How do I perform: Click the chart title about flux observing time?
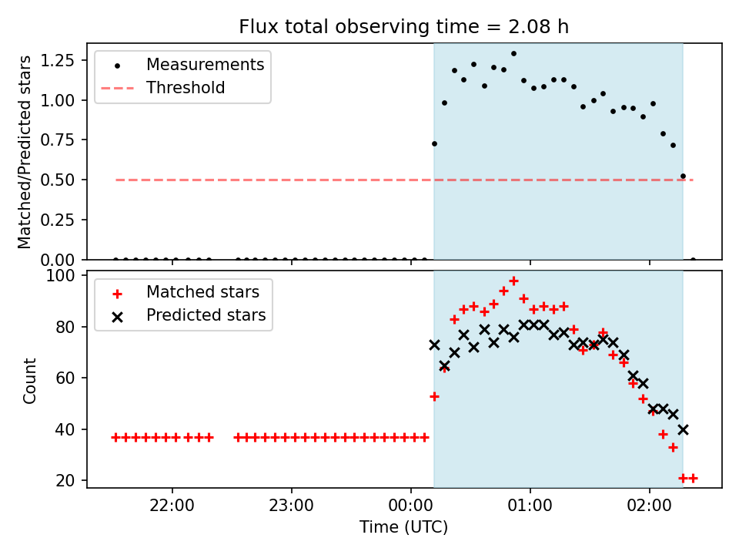(404, 26)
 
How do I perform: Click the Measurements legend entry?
(205, 64)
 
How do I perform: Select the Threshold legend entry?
(186, 88)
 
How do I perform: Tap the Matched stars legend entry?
(202, 292)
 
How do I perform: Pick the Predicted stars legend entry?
(206, 314)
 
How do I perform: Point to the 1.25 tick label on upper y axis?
(58, 60)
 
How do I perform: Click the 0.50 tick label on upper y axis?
(58, 180)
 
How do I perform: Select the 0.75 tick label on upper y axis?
(58, 140)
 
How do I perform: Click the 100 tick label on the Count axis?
(60, 275)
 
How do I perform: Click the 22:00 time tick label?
(172, 506)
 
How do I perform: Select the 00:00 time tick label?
(411, 506)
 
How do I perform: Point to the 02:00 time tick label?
(650, 506)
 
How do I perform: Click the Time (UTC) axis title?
(404, 526)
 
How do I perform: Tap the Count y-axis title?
(29, 380)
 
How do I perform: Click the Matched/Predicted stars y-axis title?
(25, 152)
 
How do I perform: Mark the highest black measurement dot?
(513, 54)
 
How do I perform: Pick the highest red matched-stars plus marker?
(513, 281)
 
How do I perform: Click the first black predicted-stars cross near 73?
(434, 345)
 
